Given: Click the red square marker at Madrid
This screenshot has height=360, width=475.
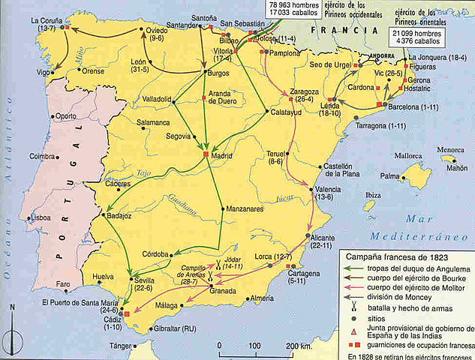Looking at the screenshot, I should point(206,154).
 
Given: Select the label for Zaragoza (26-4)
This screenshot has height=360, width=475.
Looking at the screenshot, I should point(299,94).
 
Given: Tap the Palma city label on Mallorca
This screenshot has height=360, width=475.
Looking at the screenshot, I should point(389,176).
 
